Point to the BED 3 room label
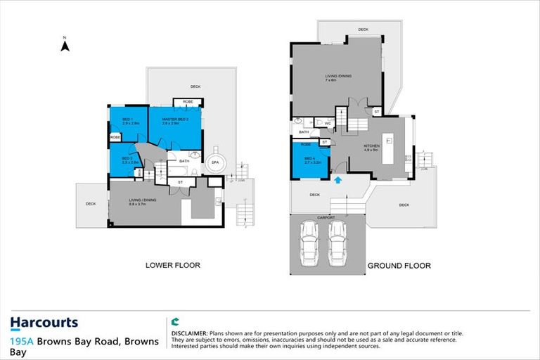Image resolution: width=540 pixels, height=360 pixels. [x=127, y=159]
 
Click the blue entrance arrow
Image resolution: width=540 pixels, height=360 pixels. [x=338, y=180]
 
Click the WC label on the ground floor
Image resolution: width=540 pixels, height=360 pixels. [x=328, y=122]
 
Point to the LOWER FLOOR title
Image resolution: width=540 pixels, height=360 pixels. [x=173, y=266]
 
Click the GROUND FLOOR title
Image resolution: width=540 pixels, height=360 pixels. [x=399, y=266]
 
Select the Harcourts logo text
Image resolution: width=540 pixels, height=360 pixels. [x=44, y=323]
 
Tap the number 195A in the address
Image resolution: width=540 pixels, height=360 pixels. [x=22, y=342]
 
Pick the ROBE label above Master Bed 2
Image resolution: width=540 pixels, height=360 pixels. [x=188, y=103]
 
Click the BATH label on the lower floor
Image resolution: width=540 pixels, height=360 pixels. [x=184, y=161]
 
